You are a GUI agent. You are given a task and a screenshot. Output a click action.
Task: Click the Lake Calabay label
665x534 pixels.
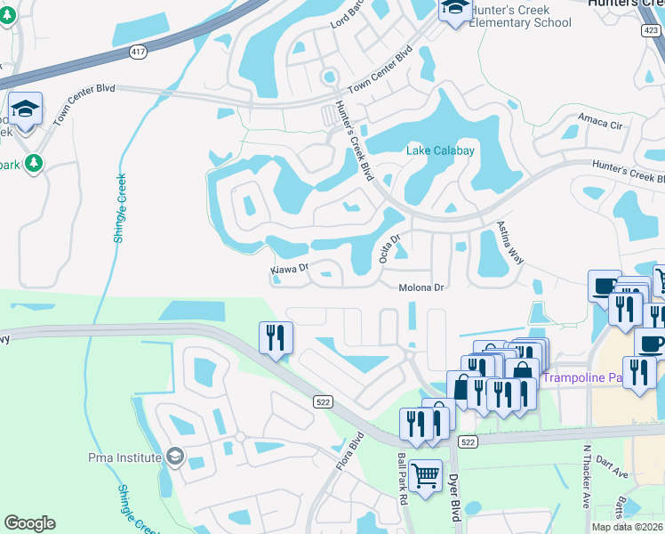(x=440, y=150)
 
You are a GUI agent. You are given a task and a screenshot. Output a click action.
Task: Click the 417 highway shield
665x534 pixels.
(x=138, y=53)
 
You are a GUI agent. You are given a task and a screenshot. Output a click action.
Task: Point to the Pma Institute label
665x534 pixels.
(x=125, y=457)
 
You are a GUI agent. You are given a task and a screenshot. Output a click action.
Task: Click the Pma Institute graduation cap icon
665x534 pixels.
(x=175, y=457)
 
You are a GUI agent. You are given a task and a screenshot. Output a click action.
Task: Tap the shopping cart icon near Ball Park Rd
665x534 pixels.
(x=425, y=474)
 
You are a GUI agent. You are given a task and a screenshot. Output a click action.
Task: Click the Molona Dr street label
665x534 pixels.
(x=421, y=287)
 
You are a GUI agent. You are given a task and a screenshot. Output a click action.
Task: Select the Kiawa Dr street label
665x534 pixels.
(x=289, y=268)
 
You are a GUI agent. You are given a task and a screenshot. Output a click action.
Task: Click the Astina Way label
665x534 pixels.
(x=509, y=242)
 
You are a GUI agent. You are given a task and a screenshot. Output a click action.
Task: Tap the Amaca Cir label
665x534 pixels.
(x=597, y=119)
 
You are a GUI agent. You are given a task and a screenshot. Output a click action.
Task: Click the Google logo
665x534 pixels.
(x=29, y=522)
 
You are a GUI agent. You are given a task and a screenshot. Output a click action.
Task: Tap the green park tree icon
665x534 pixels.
(x=34, y=163)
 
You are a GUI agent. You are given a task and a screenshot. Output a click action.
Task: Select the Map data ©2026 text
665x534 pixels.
(x=627, y=527)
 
